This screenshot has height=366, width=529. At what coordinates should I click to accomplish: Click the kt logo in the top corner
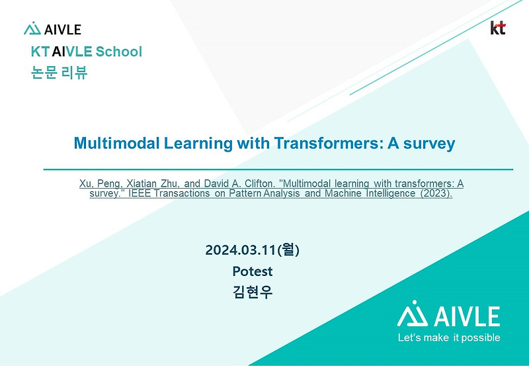498,28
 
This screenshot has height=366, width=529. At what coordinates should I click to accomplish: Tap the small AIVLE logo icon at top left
32,29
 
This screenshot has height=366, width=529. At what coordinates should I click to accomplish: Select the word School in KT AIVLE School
118,52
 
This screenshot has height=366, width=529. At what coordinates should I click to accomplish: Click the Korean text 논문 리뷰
59,73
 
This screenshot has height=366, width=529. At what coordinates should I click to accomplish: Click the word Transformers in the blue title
316,143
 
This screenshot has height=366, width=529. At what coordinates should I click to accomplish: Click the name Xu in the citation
85,183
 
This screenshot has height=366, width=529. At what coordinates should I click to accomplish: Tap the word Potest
253,271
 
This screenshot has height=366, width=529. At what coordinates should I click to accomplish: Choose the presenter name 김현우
253,292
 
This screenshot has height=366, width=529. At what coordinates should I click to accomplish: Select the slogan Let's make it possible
449,338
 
